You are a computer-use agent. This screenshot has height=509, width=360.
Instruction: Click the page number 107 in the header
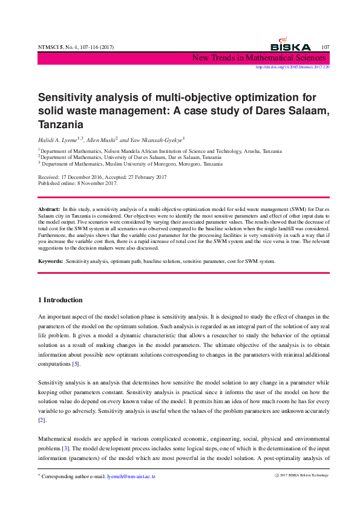tap(325, 47)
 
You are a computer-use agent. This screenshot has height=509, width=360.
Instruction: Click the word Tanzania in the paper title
tap(61, 125)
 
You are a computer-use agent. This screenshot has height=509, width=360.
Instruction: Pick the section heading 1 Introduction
tap(61, 300)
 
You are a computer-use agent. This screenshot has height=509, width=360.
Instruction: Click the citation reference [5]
tap(76, 364)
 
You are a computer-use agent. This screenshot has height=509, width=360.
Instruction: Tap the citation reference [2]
tap(42, 420)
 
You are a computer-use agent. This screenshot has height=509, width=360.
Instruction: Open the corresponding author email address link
tap(131, 477)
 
